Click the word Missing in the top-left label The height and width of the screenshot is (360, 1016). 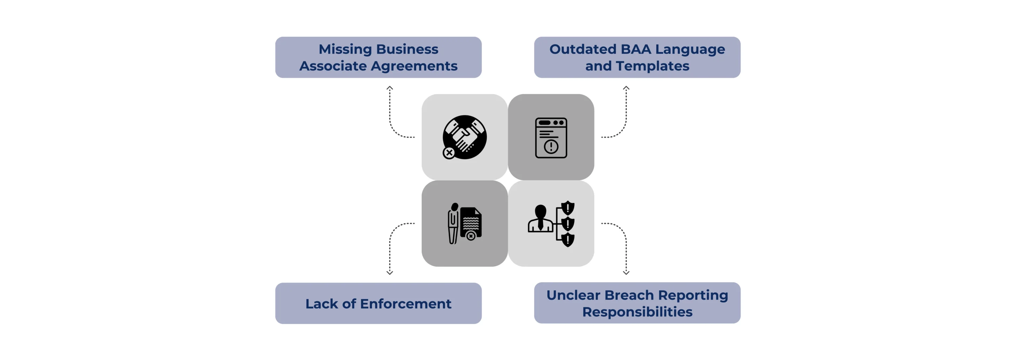pyautogui.click(x=344, y=49)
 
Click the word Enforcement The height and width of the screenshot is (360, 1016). pyautogui.click(x=405, y=304)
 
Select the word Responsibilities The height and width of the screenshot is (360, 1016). pyautogui.click(x=637, y=312)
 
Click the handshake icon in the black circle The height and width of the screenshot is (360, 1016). pyautogui.click(x=466, y=136)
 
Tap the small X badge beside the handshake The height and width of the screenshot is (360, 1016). pyautogui.click(x=449, y=153)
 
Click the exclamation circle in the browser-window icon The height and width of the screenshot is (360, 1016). pyautogui.click(x=551, y=147)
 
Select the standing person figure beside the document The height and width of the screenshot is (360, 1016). pyautogui.click(x=453, y=223)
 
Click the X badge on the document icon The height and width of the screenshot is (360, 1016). pyautogui.click(x=471, y=236)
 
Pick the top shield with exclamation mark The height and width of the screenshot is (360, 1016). pyautogui.click(x=567, y=208)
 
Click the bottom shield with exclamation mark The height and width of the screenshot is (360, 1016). pyautogui.click(x=567, y=239)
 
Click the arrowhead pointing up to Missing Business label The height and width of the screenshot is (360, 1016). pyautogui.click(x=390, y=88)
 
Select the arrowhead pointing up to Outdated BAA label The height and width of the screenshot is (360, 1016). pyautogui.click(x=626, y=88)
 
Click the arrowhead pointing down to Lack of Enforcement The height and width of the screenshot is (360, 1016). pyautogui.click(x=390, y=273)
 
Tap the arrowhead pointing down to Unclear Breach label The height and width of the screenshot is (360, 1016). pyautogui.click(x=626, y=273)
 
